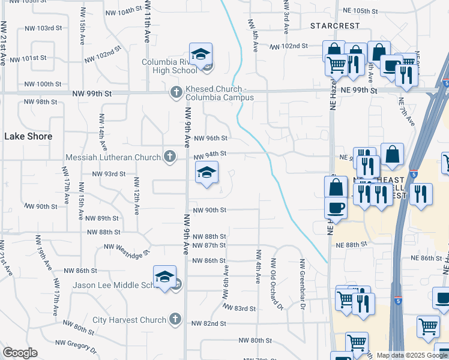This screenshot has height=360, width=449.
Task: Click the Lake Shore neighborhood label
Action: pyautogui.click(x=28, y=136)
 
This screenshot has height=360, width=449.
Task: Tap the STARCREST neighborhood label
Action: pyautogui.click(x=335, y=26)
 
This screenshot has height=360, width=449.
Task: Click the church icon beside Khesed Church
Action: pyautogui.click(x=176, y=92)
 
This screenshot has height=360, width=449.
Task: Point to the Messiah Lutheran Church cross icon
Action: pyautogui.click(x=170, y=157)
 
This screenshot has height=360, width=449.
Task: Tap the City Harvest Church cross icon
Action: pyautogui.click(x=175, y=319)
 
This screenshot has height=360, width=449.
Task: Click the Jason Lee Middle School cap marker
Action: pyautogui.click(x=164, y=277)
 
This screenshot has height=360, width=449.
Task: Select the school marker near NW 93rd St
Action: pyautogui.click(x=206, y=173)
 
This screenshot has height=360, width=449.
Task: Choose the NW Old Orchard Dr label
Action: pyautogui.click(x=276, y=284)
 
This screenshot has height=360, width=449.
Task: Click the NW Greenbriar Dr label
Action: pyautogui.click(x=301, y=284)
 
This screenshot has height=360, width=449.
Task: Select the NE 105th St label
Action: pyautogui.click(x=360, y=11)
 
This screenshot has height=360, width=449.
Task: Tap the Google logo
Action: pyautogui.click(x=20, y=353)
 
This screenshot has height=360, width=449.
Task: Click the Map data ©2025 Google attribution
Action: pyautogui.click(x=412, y=355)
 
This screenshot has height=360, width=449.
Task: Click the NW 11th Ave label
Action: pyautogui.click(x=146, y=28)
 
